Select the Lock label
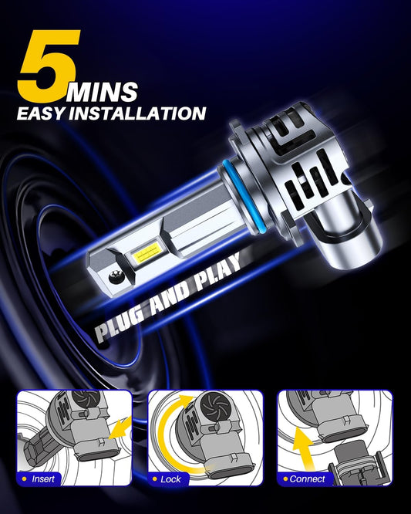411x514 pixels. click(171, 479)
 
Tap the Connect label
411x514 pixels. click(307, 479)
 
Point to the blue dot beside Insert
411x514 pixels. click(23, 479)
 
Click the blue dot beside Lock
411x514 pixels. click(153, 479)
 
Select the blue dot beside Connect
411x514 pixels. click(284, 479)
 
